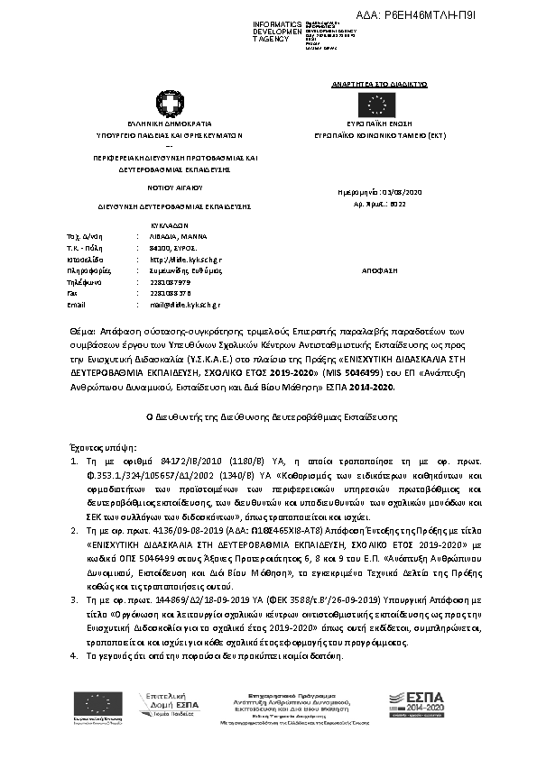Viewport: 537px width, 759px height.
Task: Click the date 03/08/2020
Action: point(403,192)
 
